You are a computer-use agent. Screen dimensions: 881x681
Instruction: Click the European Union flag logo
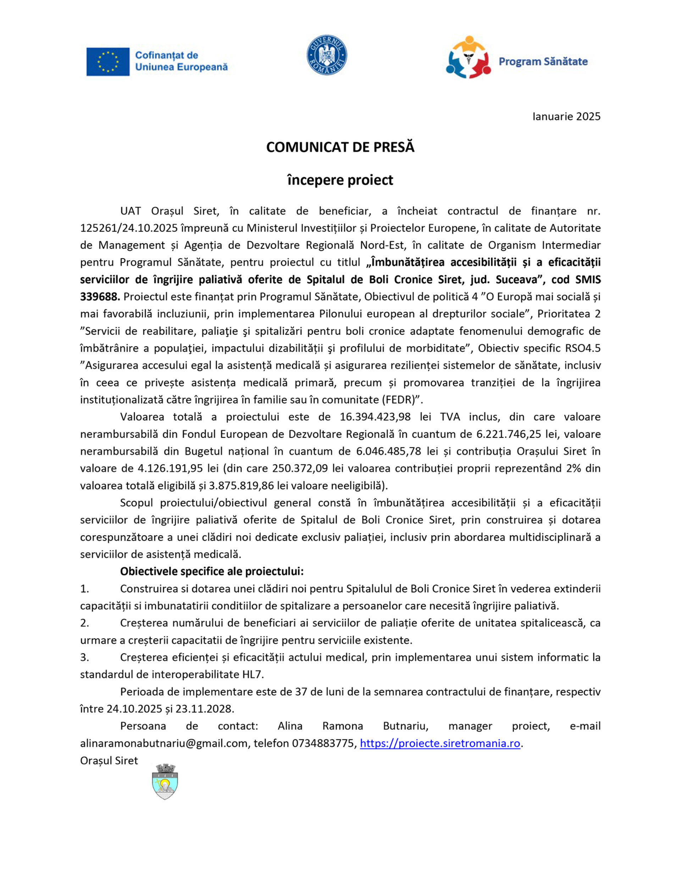[x=108, y=62]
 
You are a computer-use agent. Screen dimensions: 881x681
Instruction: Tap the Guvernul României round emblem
[x=327, y=55]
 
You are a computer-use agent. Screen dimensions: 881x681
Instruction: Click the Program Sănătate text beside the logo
[x=543, y=62]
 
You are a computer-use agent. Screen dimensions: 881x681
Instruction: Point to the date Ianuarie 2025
[x=566, y=117]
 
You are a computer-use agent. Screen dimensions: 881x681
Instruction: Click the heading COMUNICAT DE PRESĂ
[x=340, y=147]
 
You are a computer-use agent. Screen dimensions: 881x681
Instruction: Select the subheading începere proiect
[x=340, y=180]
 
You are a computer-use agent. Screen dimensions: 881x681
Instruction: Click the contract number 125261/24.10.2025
[x=129, y=228]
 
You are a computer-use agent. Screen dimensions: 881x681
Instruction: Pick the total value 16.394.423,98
[x=375, y=417]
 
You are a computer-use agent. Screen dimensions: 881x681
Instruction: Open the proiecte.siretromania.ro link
[x=439, y=743]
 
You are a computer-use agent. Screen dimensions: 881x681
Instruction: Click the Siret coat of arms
[x=165, y=782]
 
